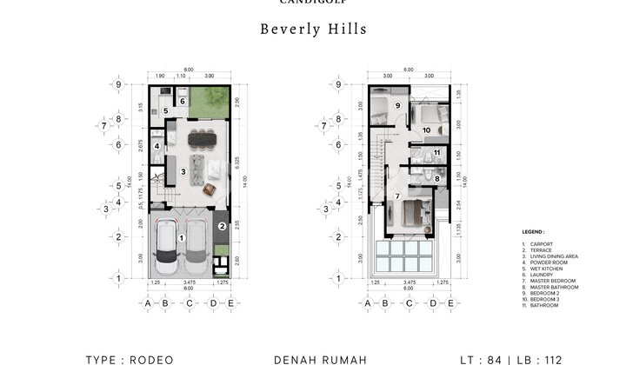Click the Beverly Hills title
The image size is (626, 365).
(313, 29)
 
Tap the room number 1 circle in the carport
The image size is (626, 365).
(181, 236)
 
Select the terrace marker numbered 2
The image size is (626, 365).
(222, 227)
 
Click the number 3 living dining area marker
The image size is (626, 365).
(183, 172)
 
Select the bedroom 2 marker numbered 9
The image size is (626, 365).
(396, 106)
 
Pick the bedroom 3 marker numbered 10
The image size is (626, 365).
(426, 130)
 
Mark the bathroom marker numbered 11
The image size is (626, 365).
(436, 154)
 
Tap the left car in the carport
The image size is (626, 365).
(167, 248)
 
